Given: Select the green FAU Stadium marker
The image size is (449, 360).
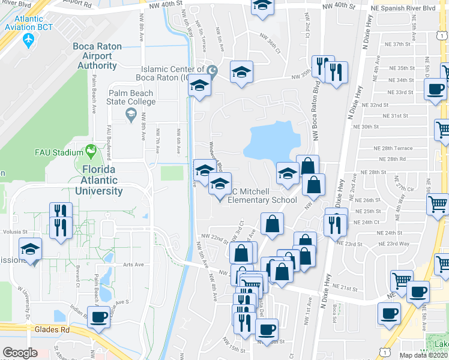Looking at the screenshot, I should [x=91, y=149].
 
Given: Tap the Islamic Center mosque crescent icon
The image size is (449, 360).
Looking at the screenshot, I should [x=211, y=71].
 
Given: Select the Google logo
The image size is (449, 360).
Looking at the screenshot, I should [x=20, y=353].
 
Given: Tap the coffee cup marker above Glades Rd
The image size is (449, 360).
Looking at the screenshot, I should [x=98, y=317].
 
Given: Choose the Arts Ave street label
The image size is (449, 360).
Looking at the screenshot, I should [x=133, y=265].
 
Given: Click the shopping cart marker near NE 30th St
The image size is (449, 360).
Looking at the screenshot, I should [x=442, y=128].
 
